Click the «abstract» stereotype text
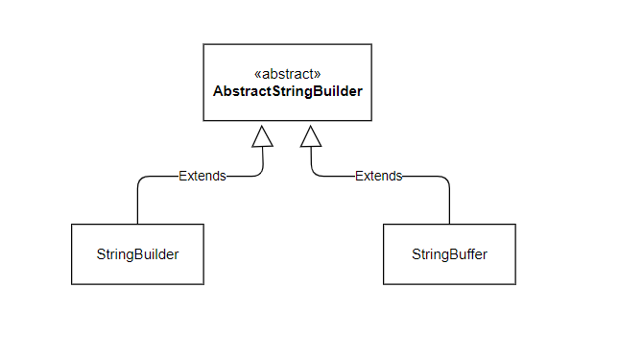[x=287, y=74]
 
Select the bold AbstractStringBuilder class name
[x=287, y=92]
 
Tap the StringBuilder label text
[x=137, y=254]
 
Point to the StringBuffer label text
[x=449, y=254]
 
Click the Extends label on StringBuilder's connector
[x=202, y=176]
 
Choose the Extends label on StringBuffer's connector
[x=378, y=176]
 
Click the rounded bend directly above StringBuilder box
[x=141, y=180]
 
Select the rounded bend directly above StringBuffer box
[x=445, y=180]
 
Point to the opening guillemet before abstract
[x=256, y=74]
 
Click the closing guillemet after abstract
[x=318, y=74]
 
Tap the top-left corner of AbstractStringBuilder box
[x=203, y=44]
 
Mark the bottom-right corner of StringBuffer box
[x=515, y=284]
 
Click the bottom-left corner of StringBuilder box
[x=72, y=284]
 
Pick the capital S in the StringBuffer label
[x=417, y=254]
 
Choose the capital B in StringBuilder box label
[x=134, y=254]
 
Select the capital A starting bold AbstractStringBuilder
[x=218, y=92]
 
